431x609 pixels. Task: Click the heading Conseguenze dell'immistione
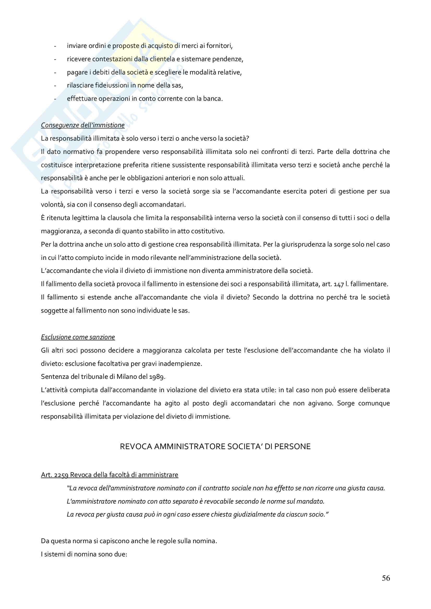(x=83, y=125)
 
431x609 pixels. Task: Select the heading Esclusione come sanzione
(x=78, y=337)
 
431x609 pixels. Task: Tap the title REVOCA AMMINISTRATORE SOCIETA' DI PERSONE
(x=215, y=447)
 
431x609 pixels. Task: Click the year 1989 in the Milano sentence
(x=157, y=377)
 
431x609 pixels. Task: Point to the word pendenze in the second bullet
(x=230, y=59)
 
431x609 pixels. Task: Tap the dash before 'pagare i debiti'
(x=55, y=72)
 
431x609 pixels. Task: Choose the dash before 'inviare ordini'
(x=55, y=46)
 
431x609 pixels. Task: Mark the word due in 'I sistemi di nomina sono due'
(x=120, y=554)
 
